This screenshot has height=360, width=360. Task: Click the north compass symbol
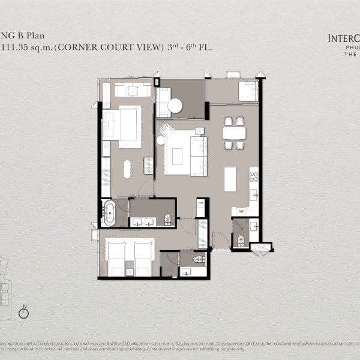[25, 311]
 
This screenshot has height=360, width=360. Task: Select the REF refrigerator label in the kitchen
[241, 211]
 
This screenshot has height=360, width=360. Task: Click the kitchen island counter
[230, 179]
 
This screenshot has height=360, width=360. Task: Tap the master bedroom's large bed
[123, 124]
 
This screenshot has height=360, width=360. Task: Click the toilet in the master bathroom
[167, 218]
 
